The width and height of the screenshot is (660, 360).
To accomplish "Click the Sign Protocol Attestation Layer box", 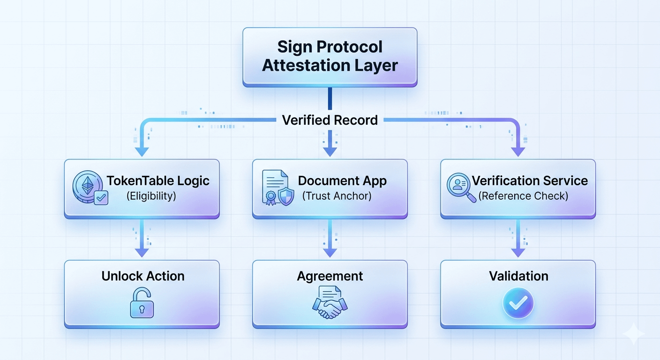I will click(x=330, y=56).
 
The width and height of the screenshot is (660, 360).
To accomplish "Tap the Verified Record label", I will click(x=330, y=120).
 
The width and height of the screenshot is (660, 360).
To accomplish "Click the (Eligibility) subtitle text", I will click(x=151, y=196).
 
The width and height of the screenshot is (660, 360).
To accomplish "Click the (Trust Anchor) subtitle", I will click(x=337, y=196).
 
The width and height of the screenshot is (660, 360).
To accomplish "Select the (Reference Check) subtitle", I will click(x=523, y=196).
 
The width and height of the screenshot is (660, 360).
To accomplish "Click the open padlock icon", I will click(x=142, y=303).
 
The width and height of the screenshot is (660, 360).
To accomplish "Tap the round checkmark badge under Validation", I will click(x=518, y=304).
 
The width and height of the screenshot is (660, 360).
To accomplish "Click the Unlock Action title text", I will click(x=143, y=276).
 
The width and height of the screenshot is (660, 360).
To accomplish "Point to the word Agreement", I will click(x=330, y=276).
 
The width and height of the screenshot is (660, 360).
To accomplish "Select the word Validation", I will click(x=518, y=276).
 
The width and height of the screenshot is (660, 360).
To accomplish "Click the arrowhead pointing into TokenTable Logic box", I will click(x=142, y=151).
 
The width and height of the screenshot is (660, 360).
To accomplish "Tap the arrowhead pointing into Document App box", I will click(x=330, y=151).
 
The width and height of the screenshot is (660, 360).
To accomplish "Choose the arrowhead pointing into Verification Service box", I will click(x=518, y=151).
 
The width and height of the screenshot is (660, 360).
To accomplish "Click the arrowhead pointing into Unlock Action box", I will click(x=142, y=252).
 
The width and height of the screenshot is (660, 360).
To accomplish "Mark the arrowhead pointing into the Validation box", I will click(x=518, y=252).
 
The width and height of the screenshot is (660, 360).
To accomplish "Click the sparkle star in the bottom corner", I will click(x=633, y=334).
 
